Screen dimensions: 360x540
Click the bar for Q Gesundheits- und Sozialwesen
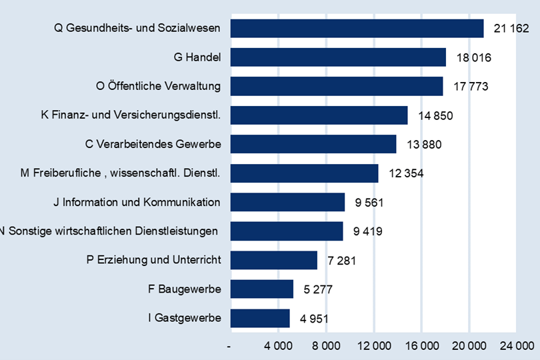(x=357, y=29)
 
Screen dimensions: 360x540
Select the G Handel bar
(x=338, y=57)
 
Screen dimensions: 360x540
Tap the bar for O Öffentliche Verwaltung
(x=337, y=86)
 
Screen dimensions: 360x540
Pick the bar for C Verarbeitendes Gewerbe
(x=313, y=144)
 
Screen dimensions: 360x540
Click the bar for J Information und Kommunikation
(x=287, y=202)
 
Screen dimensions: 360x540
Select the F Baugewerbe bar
(x=262, y=289)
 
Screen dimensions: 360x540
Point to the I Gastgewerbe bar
(x=260, y=318)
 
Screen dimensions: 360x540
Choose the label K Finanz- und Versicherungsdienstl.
(x=131, y=115)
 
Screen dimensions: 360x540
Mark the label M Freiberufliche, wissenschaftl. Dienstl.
(x=121, y=173)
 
